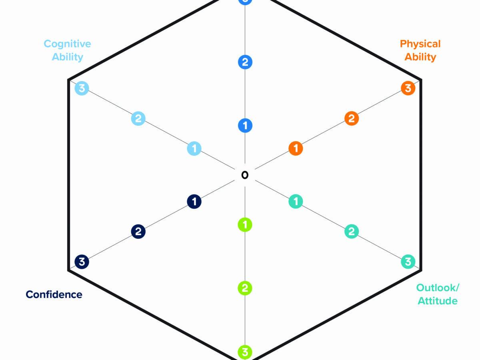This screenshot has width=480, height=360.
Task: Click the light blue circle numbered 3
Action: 82,88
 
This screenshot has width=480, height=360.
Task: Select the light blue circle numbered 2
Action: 138,118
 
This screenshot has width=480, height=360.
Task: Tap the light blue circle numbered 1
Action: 194,149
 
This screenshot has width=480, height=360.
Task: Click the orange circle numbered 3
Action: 408,88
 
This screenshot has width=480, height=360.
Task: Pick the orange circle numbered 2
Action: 352,118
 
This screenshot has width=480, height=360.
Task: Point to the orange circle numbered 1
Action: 296,148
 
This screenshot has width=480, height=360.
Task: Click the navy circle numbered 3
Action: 82,262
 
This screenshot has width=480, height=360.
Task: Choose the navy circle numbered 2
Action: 138,232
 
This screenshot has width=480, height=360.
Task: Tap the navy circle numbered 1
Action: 194,202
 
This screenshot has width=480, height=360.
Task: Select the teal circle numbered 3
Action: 408,262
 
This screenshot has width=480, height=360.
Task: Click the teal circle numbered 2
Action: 352,231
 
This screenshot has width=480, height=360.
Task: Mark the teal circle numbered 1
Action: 296,201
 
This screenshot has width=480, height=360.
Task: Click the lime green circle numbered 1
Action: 245,225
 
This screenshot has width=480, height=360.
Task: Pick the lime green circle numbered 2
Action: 245,288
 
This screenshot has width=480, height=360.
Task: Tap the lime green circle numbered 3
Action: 245,352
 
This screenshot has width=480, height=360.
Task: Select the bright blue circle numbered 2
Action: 245,62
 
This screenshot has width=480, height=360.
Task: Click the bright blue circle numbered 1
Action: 245,126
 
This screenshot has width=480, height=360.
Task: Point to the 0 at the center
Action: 245,175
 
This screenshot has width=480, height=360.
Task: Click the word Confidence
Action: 54,294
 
